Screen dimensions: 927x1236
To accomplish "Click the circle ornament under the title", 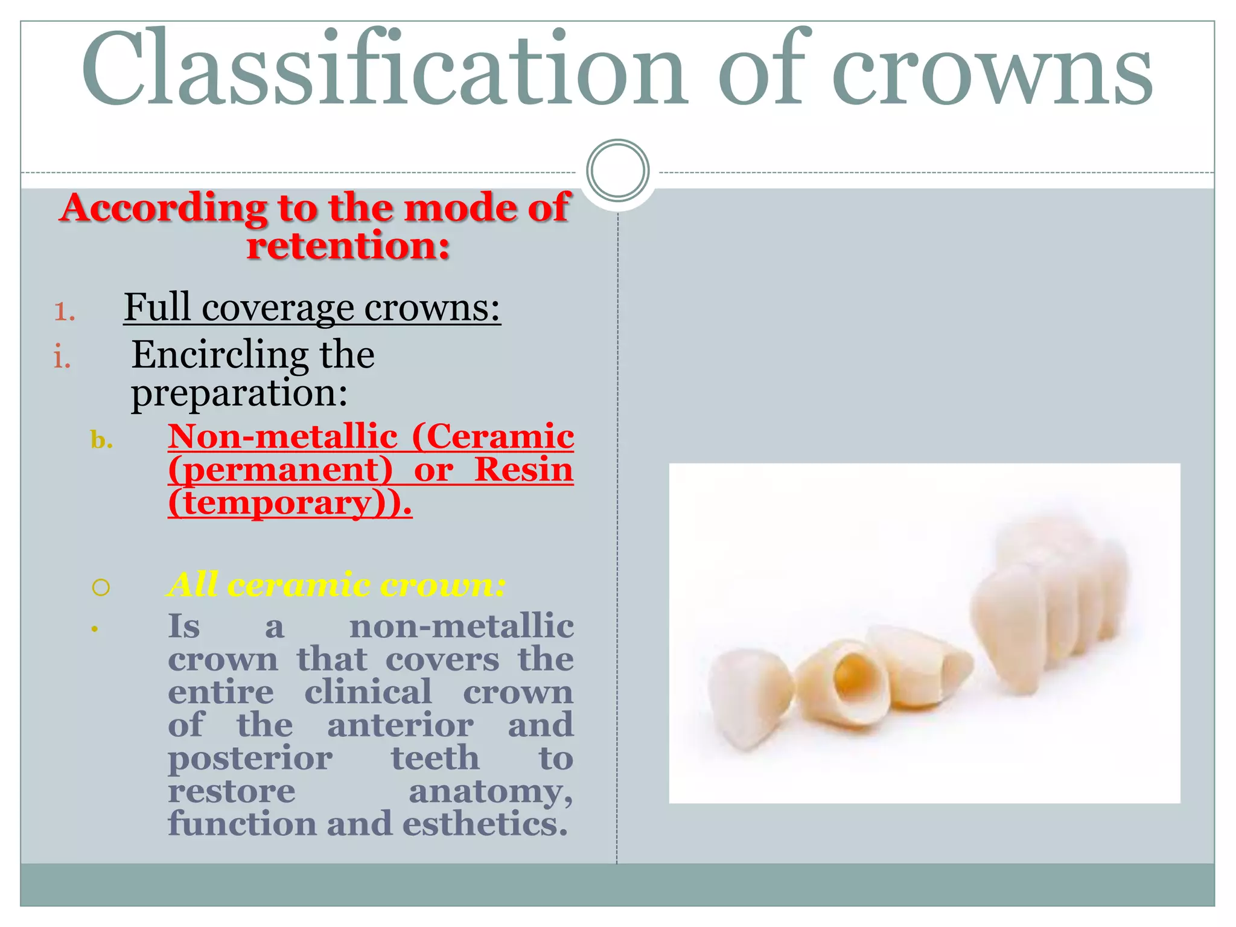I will point(617,170).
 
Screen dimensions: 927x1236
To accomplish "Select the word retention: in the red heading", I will point(348,247).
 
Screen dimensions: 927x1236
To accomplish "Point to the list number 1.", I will point(64,311).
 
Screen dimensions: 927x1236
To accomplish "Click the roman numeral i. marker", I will point(62,357).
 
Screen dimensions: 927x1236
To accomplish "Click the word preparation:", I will point(240,393).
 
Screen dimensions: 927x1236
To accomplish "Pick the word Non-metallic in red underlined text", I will point(282,437).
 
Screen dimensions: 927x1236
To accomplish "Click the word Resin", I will point(523,470).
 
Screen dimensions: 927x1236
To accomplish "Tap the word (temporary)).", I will point(290,503).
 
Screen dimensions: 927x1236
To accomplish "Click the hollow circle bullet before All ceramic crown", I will point(101,587).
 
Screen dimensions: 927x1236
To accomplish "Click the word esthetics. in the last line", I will point(485,824).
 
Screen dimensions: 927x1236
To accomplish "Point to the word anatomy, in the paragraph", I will point(491,791).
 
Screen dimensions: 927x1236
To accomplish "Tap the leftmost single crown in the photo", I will point(748,700).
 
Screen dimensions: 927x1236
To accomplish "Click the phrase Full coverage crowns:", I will point(312,308).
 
